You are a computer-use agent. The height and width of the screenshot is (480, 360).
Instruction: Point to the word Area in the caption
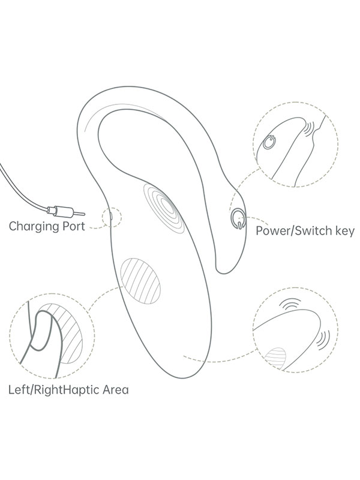click(112, 390)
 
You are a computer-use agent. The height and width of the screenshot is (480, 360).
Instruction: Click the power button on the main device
click(238, 217)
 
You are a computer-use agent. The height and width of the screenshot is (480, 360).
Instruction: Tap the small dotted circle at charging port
click(112, 217)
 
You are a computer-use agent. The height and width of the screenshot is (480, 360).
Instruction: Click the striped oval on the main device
click(140, 280)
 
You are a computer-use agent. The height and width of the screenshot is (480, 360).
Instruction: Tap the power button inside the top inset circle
click(270, 142)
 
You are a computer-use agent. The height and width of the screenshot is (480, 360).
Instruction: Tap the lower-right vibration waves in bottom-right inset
click(325, 340)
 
